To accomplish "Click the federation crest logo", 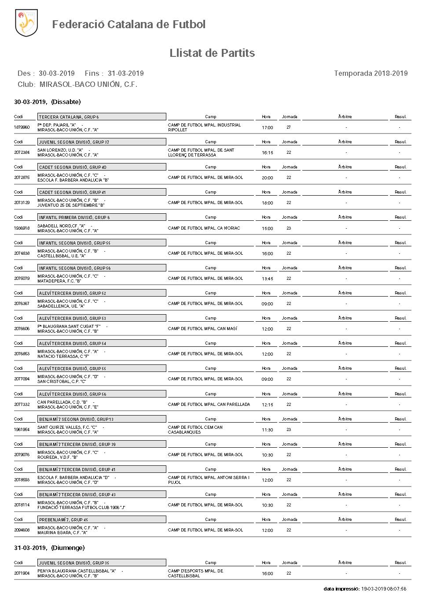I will (x=26, y=23).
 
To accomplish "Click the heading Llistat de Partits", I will (x=212, y=53).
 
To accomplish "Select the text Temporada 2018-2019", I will (x=371, y=73).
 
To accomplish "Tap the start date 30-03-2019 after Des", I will (x=57, y=73).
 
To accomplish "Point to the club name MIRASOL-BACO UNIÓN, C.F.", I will (x=88, y=84).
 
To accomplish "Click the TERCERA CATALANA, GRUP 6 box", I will (x=102, y=117).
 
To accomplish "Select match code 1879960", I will (x=22, y=127).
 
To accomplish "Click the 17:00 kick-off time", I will (x=267, y=128).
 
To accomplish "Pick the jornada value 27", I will (x=289, y=127).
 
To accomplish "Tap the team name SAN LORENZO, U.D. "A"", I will (x=60, y=150).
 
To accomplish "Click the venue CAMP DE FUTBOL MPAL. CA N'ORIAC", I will (x=204, y=228).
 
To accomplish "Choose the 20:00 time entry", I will (x=267, y=178).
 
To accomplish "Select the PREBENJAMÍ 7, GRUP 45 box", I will (x=102, y=520).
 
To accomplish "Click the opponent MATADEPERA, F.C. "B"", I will (x=59, y=281).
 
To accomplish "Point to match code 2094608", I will (x=22, y=530).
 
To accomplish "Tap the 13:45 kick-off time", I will (x=267, y=279).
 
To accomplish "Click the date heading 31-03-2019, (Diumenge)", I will (x=49, y=548).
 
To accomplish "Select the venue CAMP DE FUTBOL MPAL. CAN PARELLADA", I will (x=209, y=405).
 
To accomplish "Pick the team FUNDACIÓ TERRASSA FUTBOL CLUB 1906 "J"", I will (x=81, y=508).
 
